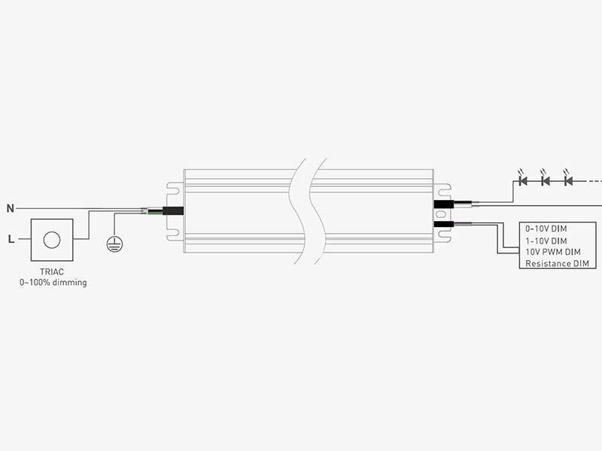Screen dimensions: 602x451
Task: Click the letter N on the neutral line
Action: (11, 209)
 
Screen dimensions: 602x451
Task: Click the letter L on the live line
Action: (11, 239)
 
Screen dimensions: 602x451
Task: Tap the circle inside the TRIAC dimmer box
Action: (52, 240)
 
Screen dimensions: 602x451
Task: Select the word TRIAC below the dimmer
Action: (52, 272)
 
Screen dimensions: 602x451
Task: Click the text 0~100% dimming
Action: (53, 283)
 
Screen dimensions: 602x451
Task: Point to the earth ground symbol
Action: (114, 244)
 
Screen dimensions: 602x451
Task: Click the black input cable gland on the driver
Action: (173, 211)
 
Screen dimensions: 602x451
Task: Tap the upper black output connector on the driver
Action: (444, 204)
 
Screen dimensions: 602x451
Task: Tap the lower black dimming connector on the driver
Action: (444, 224)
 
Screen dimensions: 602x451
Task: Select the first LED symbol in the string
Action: (522, 180)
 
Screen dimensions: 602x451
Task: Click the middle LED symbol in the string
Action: (545, 180)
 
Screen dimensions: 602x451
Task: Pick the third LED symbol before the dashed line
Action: (568, 180)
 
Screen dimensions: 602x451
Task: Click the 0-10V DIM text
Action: (546, 229)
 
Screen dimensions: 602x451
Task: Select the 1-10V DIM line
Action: (546, 241)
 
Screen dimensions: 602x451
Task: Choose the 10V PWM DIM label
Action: (553, 252)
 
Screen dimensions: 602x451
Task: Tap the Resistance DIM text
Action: (557, 264)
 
